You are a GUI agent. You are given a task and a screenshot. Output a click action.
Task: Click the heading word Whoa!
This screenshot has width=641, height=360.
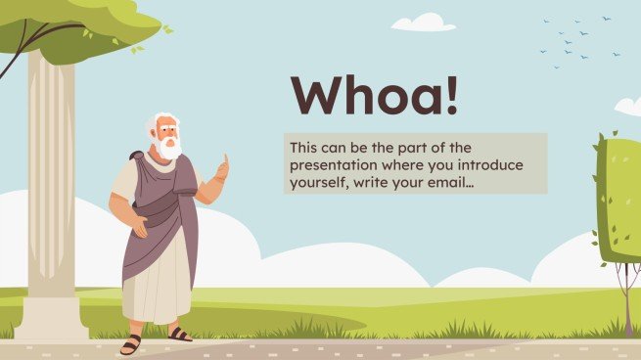pyautogui.click(x=374, y=96)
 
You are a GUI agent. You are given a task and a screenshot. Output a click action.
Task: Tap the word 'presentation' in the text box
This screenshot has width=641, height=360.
pyautogui.click(x=329, y=164)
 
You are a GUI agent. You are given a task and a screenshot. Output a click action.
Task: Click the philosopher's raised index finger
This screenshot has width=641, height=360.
pyautogui.click(x=225, y=158)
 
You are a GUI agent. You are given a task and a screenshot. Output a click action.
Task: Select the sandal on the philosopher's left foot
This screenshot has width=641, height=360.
pyautogui.click(x=180, y=335)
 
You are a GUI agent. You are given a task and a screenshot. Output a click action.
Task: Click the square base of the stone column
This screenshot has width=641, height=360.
pyautogui.click(x=51, y=319)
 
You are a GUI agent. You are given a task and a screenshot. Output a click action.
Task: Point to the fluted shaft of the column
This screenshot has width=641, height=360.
pyautogui.click(x=51, y=176)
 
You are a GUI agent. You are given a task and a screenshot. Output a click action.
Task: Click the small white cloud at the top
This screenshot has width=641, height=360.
pyautogui.click(x=423, y=22)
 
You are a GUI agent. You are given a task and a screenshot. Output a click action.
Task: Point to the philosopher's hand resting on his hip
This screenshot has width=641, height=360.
pyautogui.click(x=141, y=228)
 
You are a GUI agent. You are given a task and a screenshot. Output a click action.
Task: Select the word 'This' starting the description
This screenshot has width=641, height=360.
pyautogui.click(x=303, y=147)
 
